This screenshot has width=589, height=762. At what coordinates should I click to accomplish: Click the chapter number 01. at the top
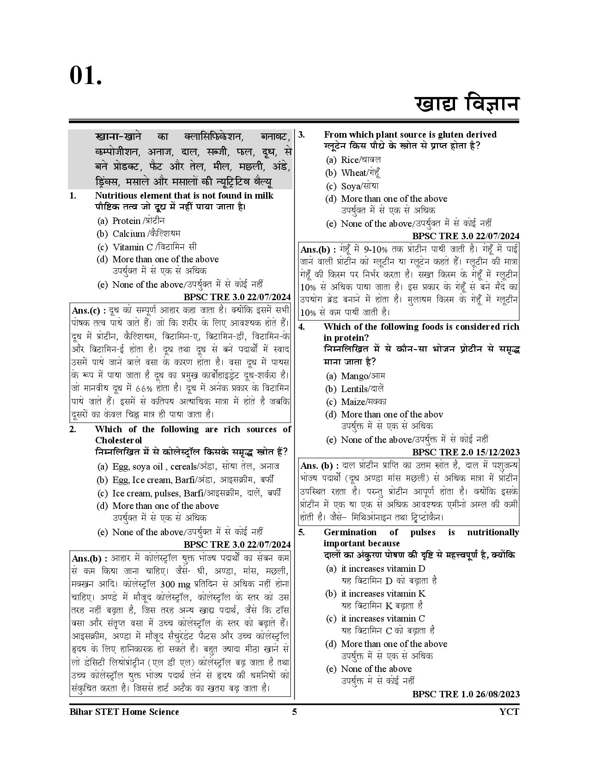coord(85,75)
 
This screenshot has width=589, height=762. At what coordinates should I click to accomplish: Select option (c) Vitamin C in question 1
coord(154,247)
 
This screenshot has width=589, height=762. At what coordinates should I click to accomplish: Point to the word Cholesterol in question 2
coord(118,441)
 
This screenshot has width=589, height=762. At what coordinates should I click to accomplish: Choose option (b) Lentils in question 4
coord(362,389)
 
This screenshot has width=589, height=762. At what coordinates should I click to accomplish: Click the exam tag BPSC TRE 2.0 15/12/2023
coord(466,452)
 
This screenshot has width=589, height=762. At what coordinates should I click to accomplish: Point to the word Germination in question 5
coord(350,532)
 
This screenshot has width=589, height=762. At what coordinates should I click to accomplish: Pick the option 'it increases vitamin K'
coord(383,594)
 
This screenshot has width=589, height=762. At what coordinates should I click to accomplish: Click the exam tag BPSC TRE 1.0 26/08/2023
coord(466,694)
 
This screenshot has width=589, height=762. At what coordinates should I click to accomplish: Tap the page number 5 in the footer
coord(294,712)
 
